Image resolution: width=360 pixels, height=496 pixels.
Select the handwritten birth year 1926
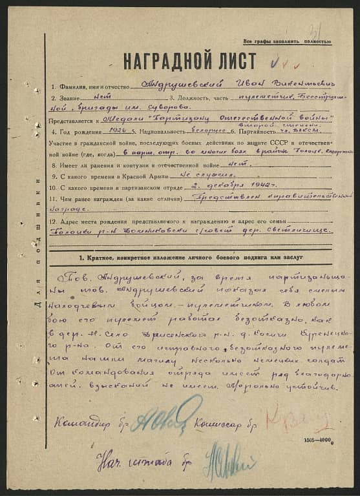[x=116, y=129]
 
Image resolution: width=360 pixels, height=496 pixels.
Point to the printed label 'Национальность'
[x=157, y=130]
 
